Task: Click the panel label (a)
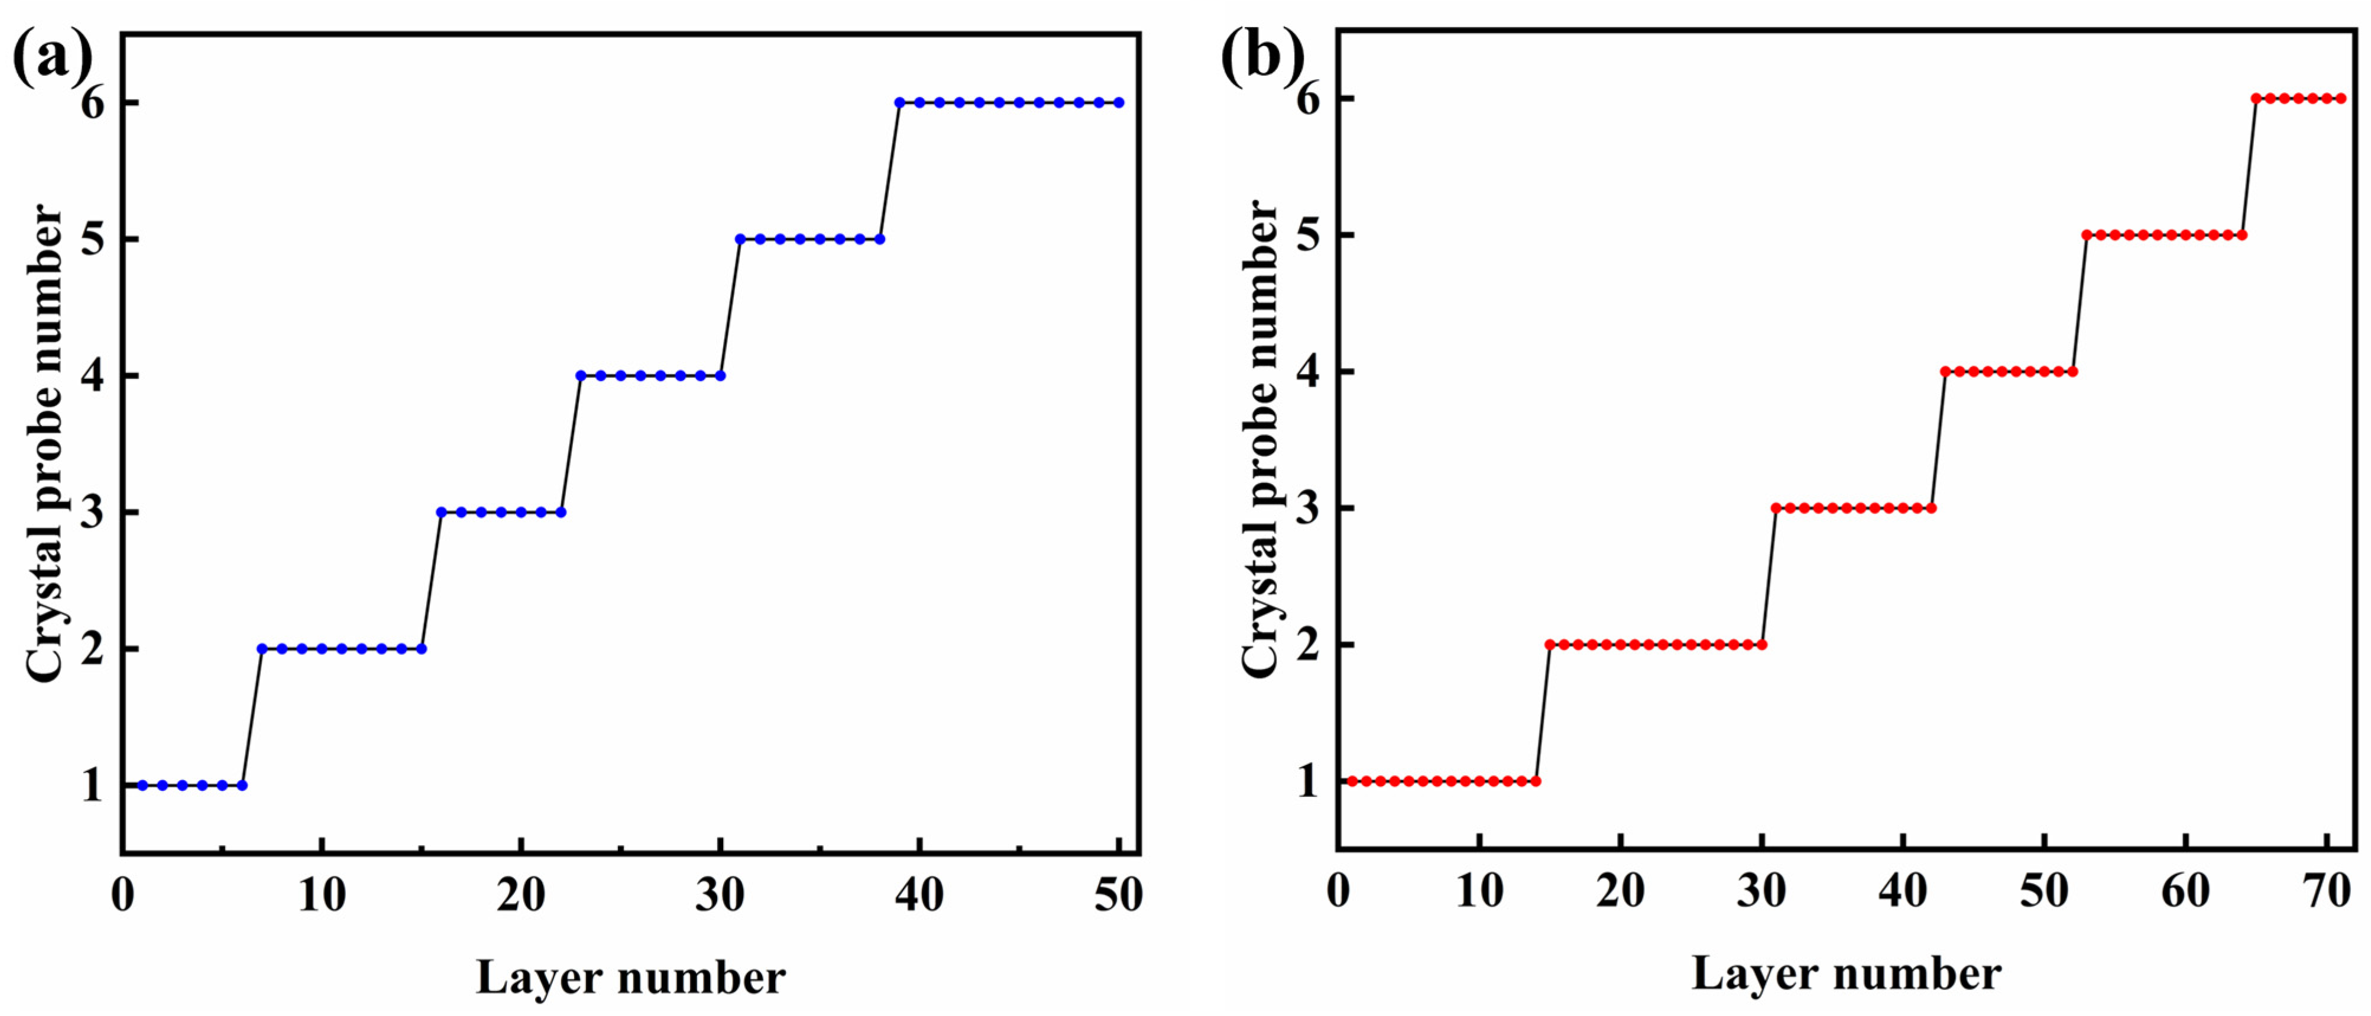[53, 57]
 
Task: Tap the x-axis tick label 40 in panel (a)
[919, 894]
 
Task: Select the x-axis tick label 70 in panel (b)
[2326, 891]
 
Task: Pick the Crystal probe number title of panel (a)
[46, 444]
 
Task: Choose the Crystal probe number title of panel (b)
[1262, 440]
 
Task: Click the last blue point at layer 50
[1118, 102]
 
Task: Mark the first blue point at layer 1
[142, 785]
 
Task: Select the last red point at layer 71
[2341, 99]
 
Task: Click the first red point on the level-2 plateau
[1550, 644]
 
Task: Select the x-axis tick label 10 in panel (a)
[321, 894]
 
